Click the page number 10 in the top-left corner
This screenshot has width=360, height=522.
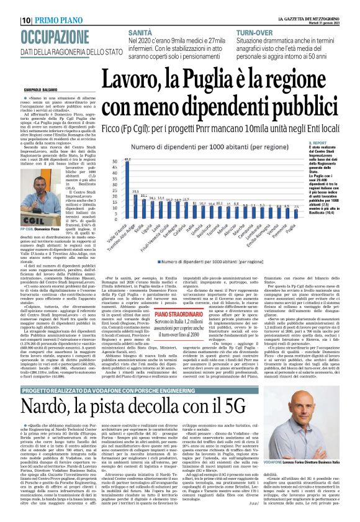(x=10, y=19)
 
